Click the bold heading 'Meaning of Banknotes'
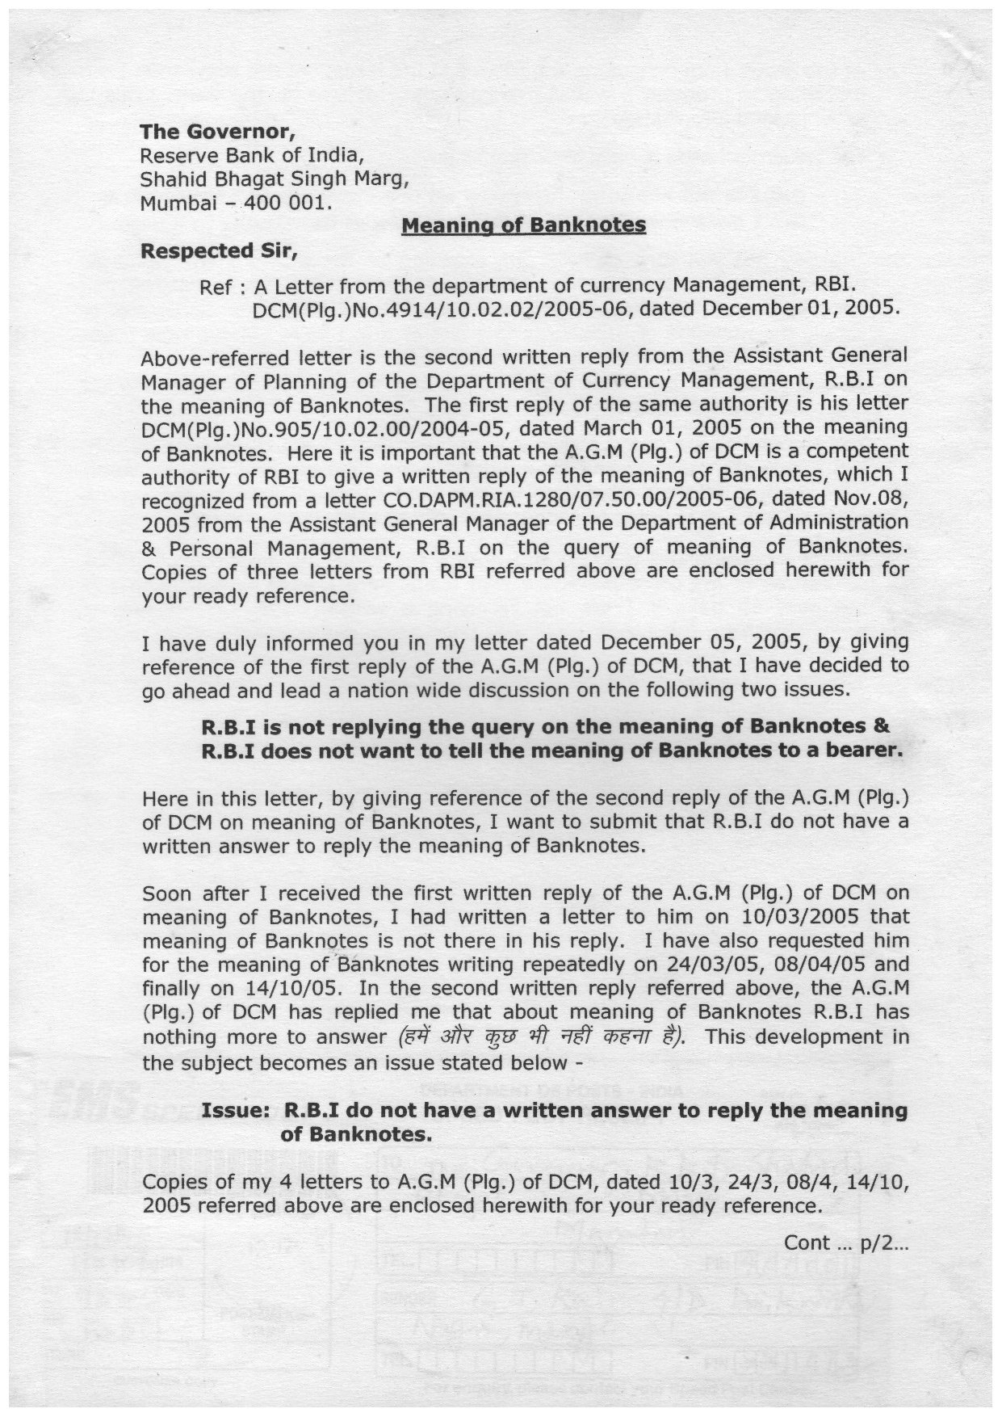click(x=523, y=225)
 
